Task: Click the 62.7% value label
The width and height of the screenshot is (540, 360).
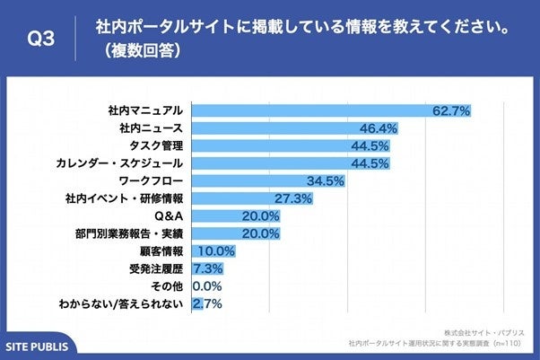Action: coord(451,111)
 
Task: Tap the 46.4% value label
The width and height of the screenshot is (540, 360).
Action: coord(378,128)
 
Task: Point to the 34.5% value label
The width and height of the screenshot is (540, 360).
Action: coord(325,181)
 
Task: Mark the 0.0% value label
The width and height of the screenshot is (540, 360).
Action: coord(207,286)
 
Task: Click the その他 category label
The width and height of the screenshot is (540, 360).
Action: coord(166,286)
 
